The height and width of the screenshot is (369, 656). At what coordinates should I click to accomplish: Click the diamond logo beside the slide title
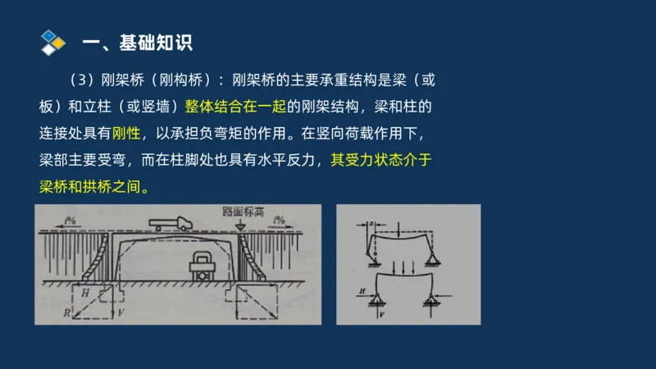pos(52,41)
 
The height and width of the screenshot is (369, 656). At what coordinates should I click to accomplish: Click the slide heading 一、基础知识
pos(139,42)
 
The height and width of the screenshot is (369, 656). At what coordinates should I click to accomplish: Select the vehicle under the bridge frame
pos(200,266)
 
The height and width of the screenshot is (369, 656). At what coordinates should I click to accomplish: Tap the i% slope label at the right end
pos(283,220)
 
